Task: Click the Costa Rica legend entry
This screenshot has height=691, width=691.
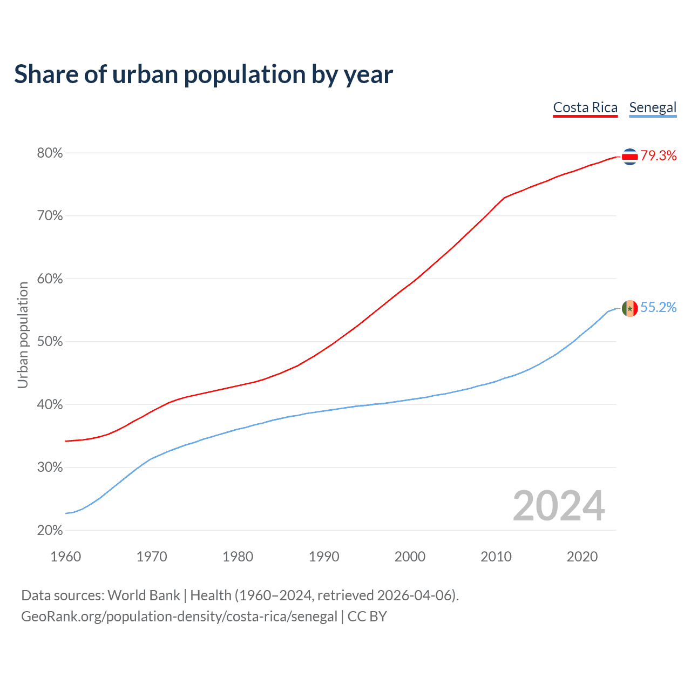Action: (x=585, y=107)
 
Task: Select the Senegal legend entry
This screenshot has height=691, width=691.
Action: (x=653, y=107)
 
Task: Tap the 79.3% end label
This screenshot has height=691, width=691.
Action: (x=659, y=156)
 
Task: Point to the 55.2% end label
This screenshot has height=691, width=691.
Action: (x=659, y=308)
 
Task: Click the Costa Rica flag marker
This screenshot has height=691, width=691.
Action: (x=630, y=157)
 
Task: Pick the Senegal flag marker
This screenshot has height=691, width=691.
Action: (x=630, y=308)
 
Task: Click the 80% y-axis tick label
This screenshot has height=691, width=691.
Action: (x=50, y=153)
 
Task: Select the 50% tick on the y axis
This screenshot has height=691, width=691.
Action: (x=50, y=342)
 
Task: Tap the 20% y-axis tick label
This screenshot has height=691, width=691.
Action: (x=50, y=531)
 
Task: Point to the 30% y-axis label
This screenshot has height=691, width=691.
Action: (x=50, y=468)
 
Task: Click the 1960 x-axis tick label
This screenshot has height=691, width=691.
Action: (x=65, y=557)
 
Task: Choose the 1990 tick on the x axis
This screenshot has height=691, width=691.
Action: (x=324, y=557)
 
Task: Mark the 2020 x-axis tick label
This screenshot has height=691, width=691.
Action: (x=582, y=557)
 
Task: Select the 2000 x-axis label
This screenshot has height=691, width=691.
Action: (x=410, y=557)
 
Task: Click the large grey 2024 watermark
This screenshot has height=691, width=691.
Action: (x=559, y=506)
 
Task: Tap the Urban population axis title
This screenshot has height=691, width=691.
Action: (x=23, y=335)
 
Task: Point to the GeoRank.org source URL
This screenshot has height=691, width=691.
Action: (x=179, y=617)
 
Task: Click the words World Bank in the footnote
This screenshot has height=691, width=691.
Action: (x=144, y=595)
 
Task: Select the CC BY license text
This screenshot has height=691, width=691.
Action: (x=367, y=617)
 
